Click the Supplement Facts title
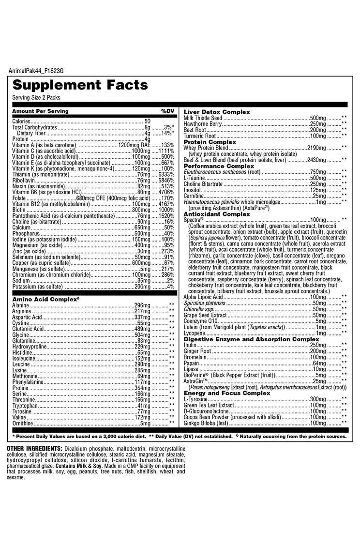click(80, 85)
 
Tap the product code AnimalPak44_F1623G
click(36, 71)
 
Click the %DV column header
click(167, 111)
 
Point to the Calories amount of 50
click(148, 121)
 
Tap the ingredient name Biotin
click(19, 210)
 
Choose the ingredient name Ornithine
click(23, 423)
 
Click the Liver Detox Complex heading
click(217, 112)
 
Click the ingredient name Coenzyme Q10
click(201, 321)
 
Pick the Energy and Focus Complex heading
click(227, 393)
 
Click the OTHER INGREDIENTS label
click(34, 449)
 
